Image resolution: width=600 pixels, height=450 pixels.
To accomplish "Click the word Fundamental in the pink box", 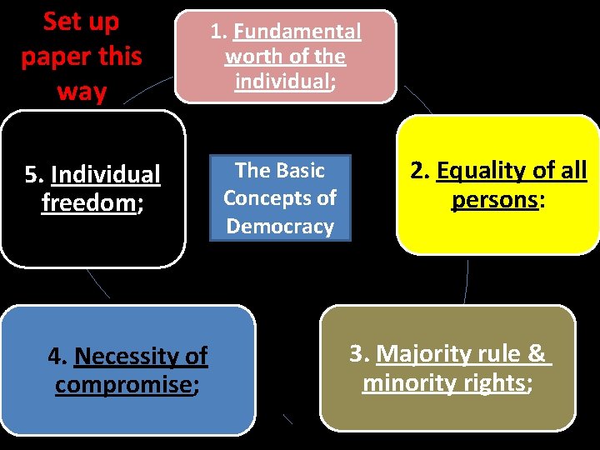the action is [297, 32].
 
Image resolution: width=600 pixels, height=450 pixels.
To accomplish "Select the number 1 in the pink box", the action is [217, 32].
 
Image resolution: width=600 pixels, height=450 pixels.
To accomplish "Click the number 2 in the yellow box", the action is [417, 171].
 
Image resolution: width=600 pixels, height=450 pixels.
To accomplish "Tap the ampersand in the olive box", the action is [536, 353].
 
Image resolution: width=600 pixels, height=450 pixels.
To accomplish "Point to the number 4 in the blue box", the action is [56, 357].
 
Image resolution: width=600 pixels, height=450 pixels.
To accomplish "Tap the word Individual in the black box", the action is [105, 175].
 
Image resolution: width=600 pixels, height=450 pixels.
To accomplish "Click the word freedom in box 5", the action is [87, 202].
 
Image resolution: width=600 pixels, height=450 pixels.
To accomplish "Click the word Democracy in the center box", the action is [280, 226].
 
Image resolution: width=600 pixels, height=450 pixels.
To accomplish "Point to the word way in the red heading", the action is [82, 91].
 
